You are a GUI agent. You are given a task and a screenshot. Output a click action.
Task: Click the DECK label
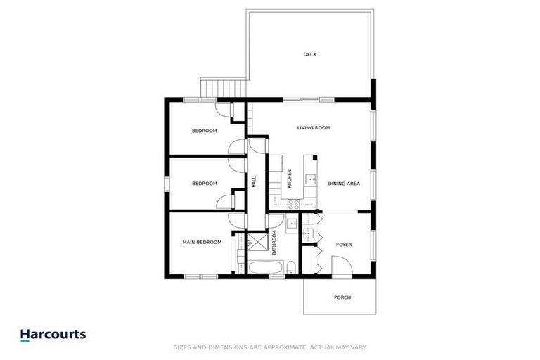pyautogui.click(x=310, y=54)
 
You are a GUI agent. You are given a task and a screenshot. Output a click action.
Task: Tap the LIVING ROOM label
pyautogui.click(x=314, y=128)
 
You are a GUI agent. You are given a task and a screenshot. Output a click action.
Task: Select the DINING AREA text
pyautogui.click(x=344, y=184)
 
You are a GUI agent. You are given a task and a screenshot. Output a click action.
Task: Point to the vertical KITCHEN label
pyautogui.click(x=289, y=178)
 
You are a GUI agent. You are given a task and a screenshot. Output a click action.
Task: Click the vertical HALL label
pyautogui.click(x=254, y=181)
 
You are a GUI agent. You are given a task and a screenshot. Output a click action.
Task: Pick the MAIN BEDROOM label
pyautogui.click(x=202, y=242)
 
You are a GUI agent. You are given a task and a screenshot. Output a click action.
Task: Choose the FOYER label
pyautogui.click(x=343, y=245)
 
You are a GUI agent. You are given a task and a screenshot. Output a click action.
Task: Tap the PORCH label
pyautogui.click(x=342, y=297)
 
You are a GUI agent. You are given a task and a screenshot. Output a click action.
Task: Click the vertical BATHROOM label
pyautogui.click(x=275, y=243)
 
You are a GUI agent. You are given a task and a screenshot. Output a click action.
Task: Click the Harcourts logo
pyautogui.click(x=53, y=335)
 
